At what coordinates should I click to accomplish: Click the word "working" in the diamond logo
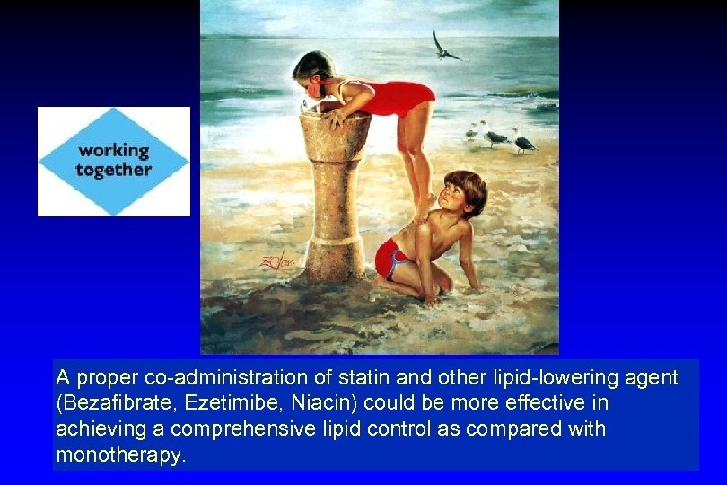113,150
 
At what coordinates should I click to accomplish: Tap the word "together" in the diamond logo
113,169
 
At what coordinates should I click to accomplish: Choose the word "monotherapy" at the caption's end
119,454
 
